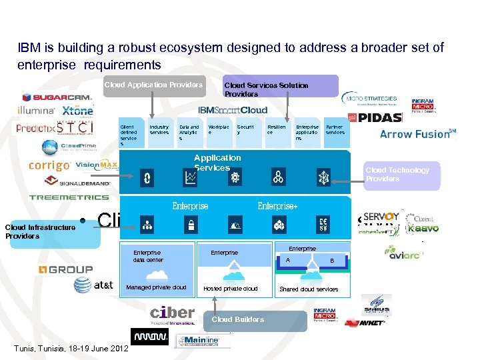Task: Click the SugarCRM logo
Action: pyautogui.click(x=57, y=97)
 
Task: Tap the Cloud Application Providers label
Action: pyautogui.click(x=153, y=85)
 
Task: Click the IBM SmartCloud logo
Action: pyautogui.click(x=233, y=110)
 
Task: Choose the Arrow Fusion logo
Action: pyautogui.click(x=417, y=134)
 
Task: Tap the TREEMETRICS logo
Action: pyautogui.click(x=69, y=197)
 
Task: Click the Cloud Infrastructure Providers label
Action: pyautogui.click(x=40, y=231)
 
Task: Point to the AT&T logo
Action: pyautogui.click(x=93, y=285)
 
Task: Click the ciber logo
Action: pyautogui.click(x=173, y=314)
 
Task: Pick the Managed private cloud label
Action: pyautogui.click(x=156, y=288)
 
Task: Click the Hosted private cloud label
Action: pyautogui.click(x=231, y=289)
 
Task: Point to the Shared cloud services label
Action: pyautogui.click(x=309, y=289)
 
